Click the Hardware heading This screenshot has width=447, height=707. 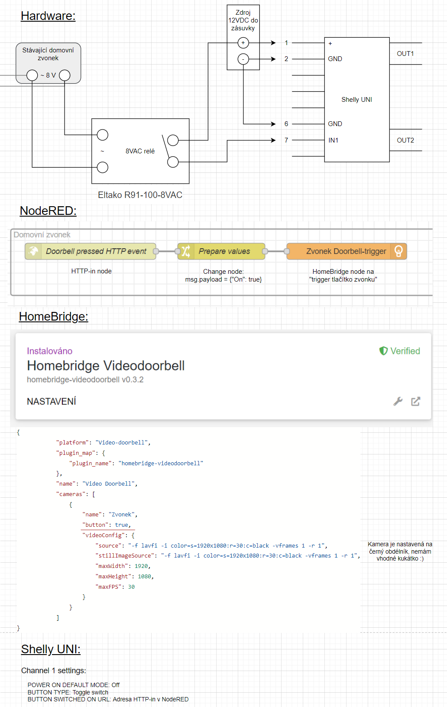(48, 16)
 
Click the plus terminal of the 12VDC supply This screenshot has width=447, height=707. (243, 43)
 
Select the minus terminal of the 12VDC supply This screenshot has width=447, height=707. (243, 59)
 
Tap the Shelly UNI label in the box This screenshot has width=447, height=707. (356, 100)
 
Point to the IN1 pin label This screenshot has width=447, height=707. (333, 140)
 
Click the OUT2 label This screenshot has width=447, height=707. (405, 140)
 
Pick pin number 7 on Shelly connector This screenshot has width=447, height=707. (286, 140)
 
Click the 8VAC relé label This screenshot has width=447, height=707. (140, 151)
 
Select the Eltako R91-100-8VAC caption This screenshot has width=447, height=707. (140, 195)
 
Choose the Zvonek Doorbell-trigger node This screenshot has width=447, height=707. (346, 251)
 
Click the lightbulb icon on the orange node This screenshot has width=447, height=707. (398, 251)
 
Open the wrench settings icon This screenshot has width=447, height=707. (398, 401)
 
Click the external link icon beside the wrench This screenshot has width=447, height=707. (415, 401)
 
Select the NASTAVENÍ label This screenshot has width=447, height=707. (52, 402)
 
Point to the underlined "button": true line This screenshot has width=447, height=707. (107, 525)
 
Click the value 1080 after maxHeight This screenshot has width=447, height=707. (145, 577)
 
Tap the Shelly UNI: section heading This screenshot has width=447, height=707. (51, 649)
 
